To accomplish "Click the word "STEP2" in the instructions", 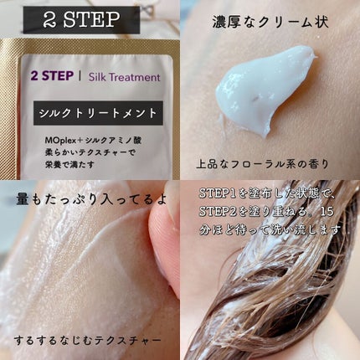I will coord(219,211).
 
